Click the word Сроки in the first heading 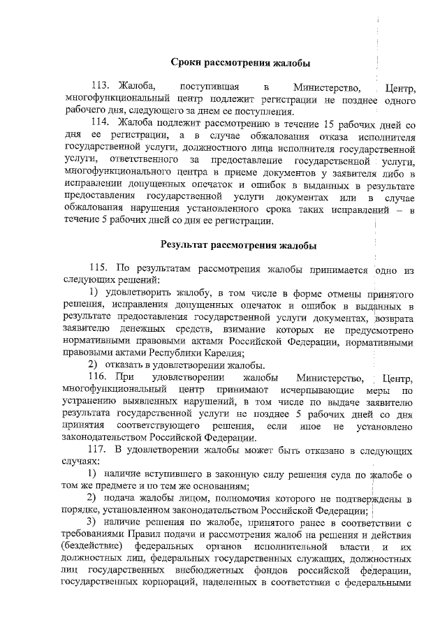[186, 64]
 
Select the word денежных [144, 329]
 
